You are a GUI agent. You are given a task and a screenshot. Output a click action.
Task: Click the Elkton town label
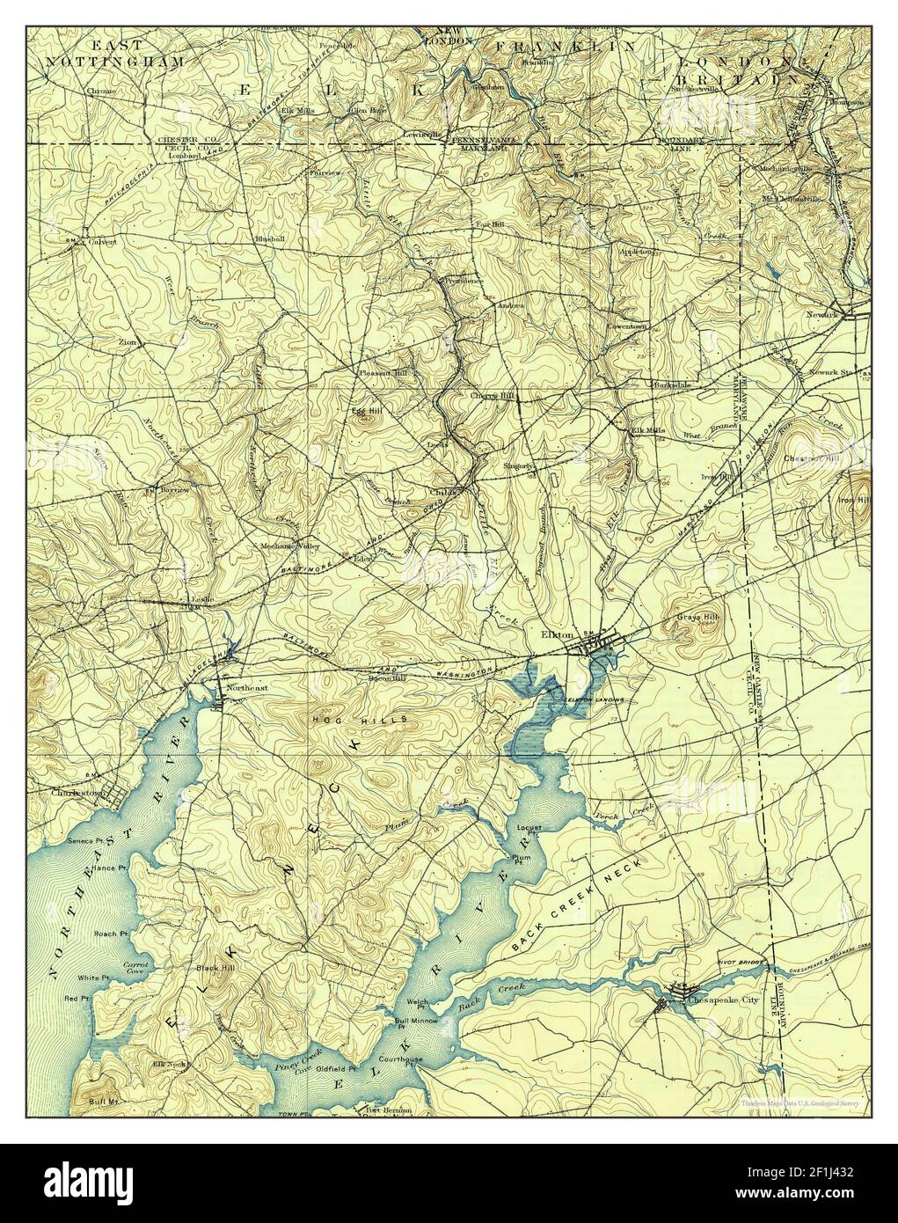click(559, 634)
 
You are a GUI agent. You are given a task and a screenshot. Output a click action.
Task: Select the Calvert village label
click(100, 243)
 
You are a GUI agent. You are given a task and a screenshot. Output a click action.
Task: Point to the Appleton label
click(636, 251)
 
